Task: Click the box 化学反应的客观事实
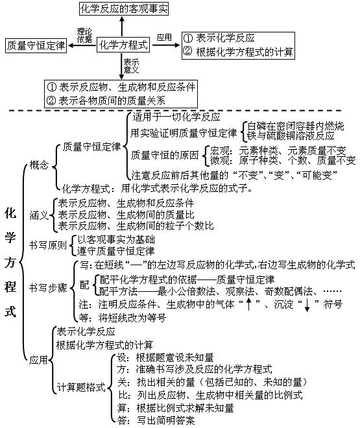coord(121,8)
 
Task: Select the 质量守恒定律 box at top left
coord(36,46)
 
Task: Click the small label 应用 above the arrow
coord(165,37)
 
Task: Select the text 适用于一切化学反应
coord(176,117)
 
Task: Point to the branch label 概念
coord(38,165)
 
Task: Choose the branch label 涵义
coord(38,214)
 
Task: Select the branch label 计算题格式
coord(80,387)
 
